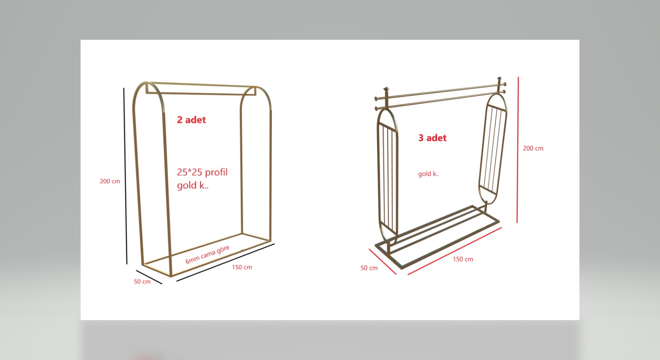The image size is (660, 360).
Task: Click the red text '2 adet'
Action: [x=191, y=120]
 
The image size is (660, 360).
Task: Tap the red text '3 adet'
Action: [x=432, y=138]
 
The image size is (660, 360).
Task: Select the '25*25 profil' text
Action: [x=202, y=172]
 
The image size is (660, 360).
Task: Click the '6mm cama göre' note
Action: [x=207, y=254]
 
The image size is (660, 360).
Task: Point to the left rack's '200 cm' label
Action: [x=110, y=181]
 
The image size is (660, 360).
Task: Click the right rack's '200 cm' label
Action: [x=533, y=148]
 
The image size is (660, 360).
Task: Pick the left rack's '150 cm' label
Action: [x=242, y=267]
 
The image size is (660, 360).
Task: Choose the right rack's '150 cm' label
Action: [x=463, y=259]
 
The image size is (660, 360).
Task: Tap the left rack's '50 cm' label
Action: [x=142, y=282]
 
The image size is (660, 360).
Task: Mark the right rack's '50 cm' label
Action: [x=369, y=268]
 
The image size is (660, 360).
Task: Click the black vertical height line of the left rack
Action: [x=125, y=176]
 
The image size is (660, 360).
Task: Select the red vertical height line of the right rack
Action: [x=518, y=150]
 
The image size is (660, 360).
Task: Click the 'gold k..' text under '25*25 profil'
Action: [x=193, y=185]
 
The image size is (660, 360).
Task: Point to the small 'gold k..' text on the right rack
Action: [x=429, y=174]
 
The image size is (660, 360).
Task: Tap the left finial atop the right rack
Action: [x=386, y=89]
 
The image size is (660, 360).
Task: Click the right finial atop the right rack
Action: [x=499, y=79]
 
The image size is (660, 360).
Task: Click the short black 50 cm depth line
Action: [x=149, y=277]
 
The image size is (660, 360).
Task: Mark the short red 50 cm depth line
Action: [x=382, y=261]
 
